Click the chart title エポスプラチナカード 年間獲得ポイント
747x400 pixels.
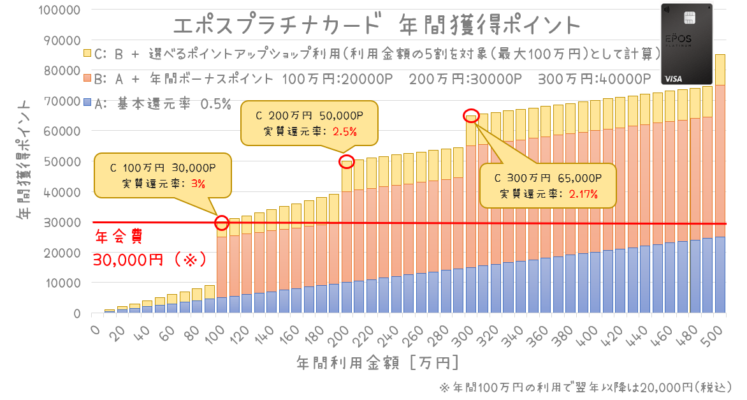[377, 26]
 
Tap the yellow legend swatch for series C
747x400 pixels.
[87, 53]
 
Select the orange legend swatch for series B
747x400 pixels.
[87, 78]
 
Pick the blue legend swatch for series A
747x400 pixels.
[87, 102]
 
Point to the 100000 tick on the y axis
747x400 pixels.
[59, 10]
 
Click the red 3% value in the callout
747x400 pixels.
[198, 184]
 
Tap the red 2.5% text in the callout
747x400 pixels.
[344, 131]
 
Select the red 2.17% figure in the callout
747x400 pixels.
[583, 194]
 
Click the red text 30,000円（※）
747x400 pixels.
[150, 260]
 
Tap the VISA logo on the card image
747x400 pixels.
[674, 78]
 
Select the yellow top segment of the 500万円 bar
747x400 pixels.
[720, 70]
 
